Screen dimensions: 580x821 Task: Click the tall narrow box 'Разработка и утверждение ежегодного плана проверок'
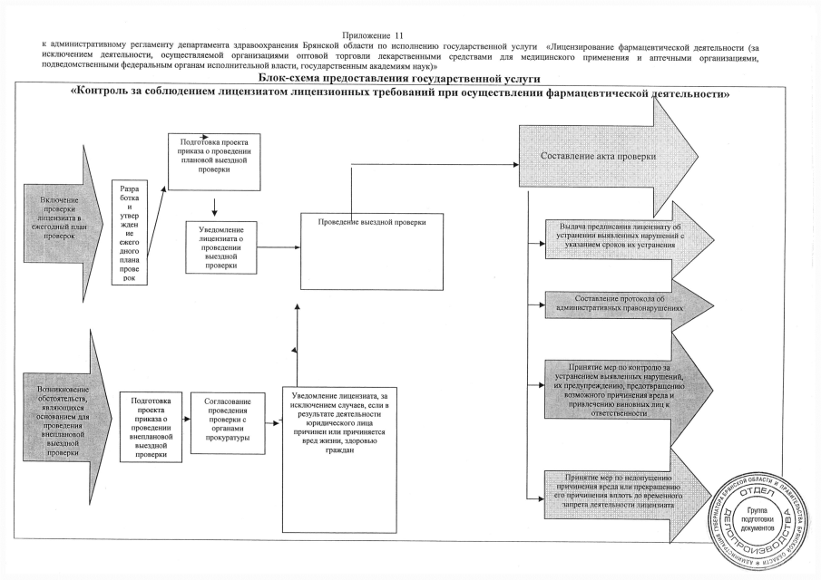click(129, 233)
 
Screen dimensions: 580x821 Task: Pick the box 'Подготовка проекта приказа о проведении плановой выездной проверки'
click(215, 161)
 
